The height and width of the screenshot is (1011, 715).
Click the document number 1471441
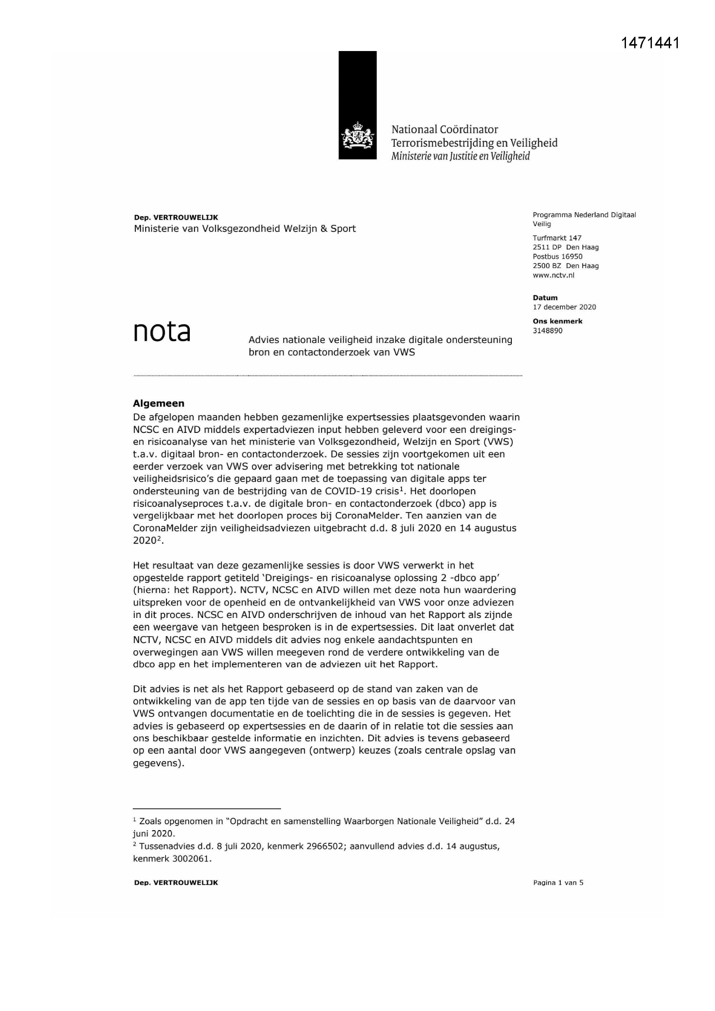(650, 43)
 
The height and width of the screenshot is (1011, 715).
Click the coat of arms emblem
(357, 135)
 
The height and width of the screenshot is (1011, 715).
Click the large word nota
(162, 332)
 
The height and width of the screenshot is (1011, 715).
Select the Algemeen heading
(159, 403)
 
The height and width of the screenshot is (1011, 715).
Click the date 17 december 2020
(564, 307)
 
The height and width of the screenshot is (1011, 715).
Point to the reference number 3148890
(547, 331)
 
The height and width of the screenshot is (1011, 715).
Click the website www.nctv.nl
(553, 275)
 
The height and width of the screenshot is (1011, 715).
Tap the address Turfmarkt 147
(557, 238)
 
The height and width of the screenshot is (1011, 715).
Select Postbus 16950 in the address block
(557, 256)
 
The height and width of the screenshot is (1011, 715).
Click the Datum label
(545, 298)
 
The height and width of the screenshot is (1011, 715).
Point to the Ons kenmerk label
(557, 321)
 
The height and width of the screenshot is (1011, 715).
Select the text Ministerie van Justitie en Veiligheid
(460, 156)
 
